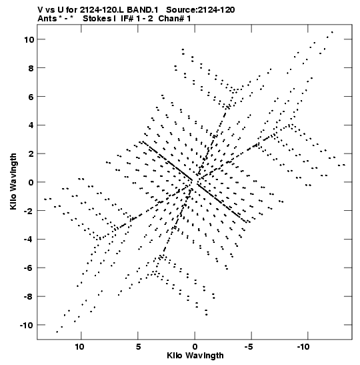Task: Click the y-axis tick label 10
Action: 29,39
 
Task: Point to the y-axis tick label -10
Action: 27,325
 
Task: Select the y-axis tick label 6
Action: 31,97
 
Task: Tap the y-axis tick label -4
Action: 29,240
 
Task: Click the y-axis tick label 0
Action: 31,182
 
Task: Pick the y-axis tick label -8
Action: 29,297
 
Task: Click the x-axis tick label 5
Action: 138,346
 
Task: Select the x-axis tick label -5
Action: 249,346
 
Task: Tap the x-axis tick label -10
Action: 303,346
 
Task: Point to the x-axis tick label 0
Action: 195,346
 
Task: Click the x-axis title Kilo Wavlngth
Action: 195,356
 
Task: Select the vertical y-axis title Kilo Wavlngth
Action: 13,181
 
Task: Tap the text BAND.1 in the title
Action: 143,10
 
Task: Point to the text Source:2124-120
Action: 201,10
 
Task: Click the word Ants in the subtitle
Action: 47,19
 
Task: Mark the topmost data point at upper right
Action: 332,32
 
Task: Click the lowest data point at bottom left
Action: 57,332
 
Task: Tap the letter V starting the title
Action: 40,10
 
